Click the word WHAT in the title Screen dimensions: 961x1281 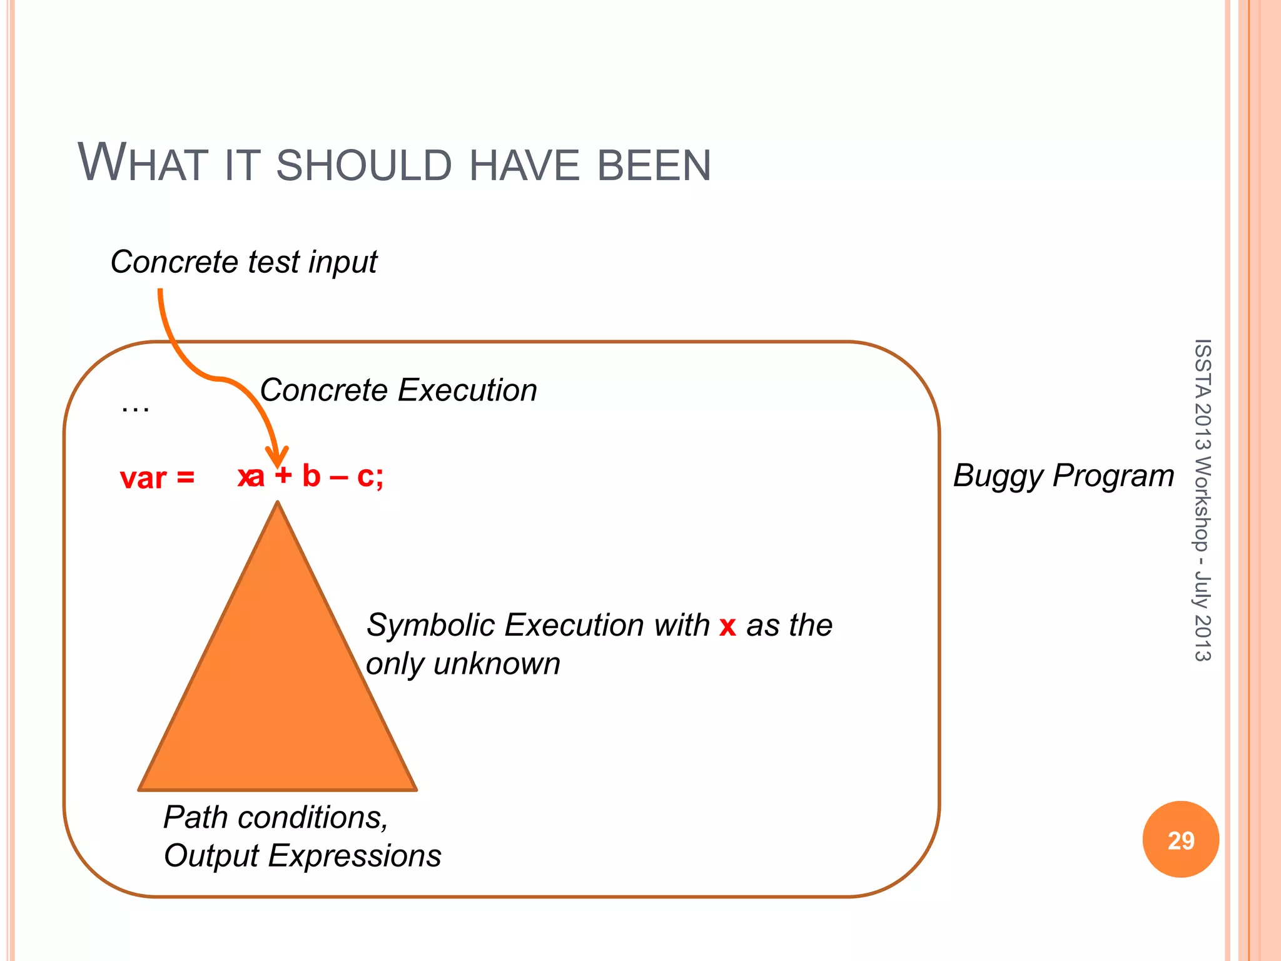143,164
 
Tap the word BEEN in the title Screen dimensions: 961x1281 654,166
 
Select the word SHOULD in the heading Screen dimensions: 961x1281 363,166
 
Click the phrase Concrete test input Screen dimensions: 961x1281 244,262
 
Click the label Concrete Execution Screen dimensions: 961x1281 398,390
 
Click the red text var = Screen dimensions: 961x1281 157,479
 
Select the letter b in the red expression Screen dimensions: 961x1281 311,476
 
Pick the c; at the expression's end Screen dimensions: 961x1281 370,476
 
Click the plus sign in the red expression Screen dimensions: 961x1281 283,476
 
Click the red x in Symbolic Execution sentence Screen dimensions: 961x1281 727,626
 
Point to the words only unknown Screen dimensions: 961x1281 463,664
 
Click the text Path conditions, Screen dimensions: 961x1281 276,817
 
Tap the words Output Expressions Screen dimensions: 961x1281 302,856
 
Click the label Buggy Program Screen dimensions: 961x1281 1063,475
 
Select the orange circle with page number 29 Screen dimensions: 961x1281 1180,840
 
